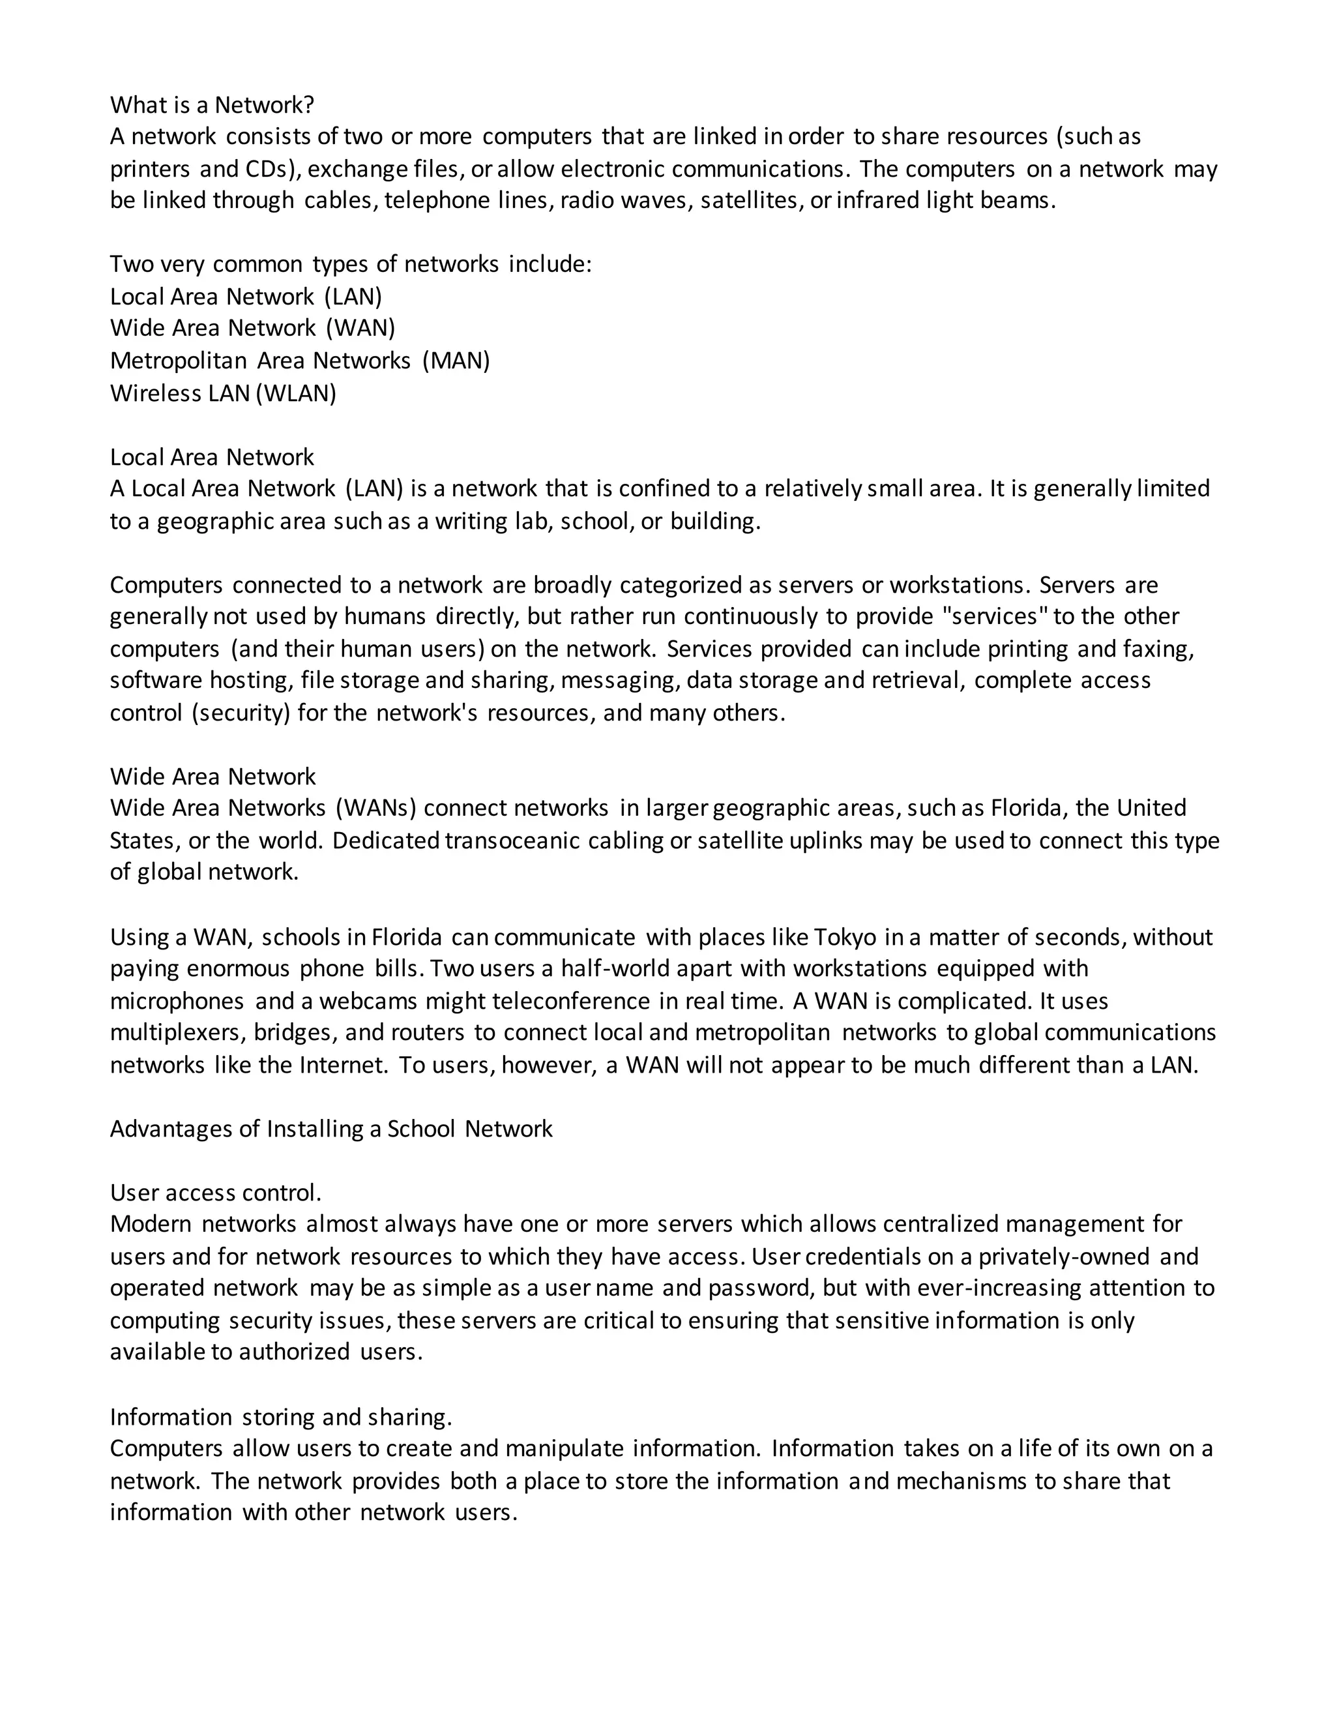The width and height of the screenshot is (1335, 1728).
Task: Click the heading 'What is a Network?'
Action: tap(212, 104)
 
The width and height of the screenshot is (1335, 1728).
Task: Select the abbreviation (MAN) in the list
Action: tap(456, 361)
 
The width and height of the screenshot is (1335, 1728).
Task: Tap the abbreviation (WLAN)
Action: tap(297, 393)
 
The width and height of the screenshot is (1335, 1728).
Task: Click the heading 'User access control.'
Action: tap(216, 1193)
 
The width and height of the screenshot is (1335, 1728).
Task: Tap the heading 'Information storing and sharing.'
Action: tap(281, 1416)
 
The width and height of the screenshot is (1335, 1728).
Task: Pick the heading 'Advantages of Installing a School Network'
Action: tap(330, 1128)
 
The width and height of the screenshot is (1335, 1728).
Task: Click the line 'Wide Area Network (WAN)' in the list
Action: tap(252, 329)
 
